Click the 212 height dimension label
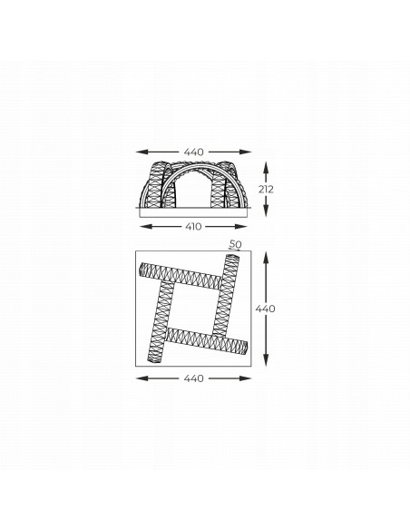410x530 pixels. click(266, 190)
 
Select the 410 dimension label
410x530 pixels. click(193, 226)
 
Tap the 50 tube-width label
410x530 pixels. click(236, 244)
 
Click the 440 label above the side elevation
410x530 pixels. click(194, 152)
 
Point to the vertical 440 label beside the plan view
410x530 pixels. click(265, 309)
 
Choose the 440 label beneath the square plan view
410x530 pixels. click(194, 378)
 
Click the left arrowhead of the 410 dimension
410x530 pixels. click(144, 226)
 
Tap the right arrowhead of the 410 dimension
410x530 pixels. click(242, 226)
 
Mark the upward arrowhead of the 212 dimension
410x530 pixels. click(266, 167)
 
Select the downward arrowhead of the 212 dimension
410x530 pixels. click(266, 211)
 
